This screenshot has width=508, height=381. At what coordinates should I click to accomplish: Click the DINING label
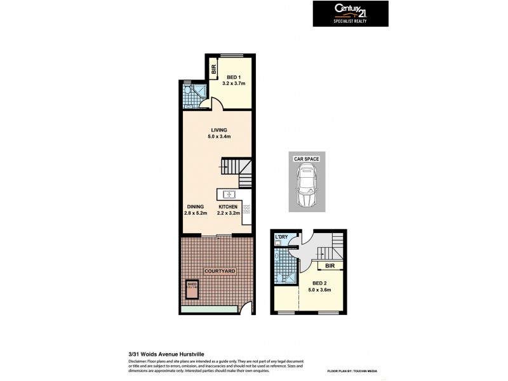click(195, 207)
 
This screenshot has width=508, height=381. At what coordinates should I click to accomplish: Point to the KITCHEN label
click(228, 207)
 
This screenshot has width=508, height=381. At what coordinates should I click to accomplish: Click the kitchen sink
click(229, 194)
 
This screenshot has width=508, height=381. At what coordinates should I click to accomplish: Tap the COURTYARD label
click(220, 271)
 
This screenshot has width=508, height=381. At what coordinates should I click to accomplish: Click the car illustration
click(307, 185)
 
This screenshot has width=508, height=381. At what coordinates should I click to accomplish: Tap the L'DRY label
click(282, 237)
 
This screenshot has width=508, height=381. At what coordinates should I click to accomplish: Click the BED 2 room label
click(320, 283)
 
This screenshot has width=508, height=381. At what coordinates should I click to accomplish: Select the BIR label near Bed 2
click(330, 266)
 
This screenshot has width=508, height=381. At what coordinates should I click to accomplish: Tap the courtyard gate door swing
click(244, 310)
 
